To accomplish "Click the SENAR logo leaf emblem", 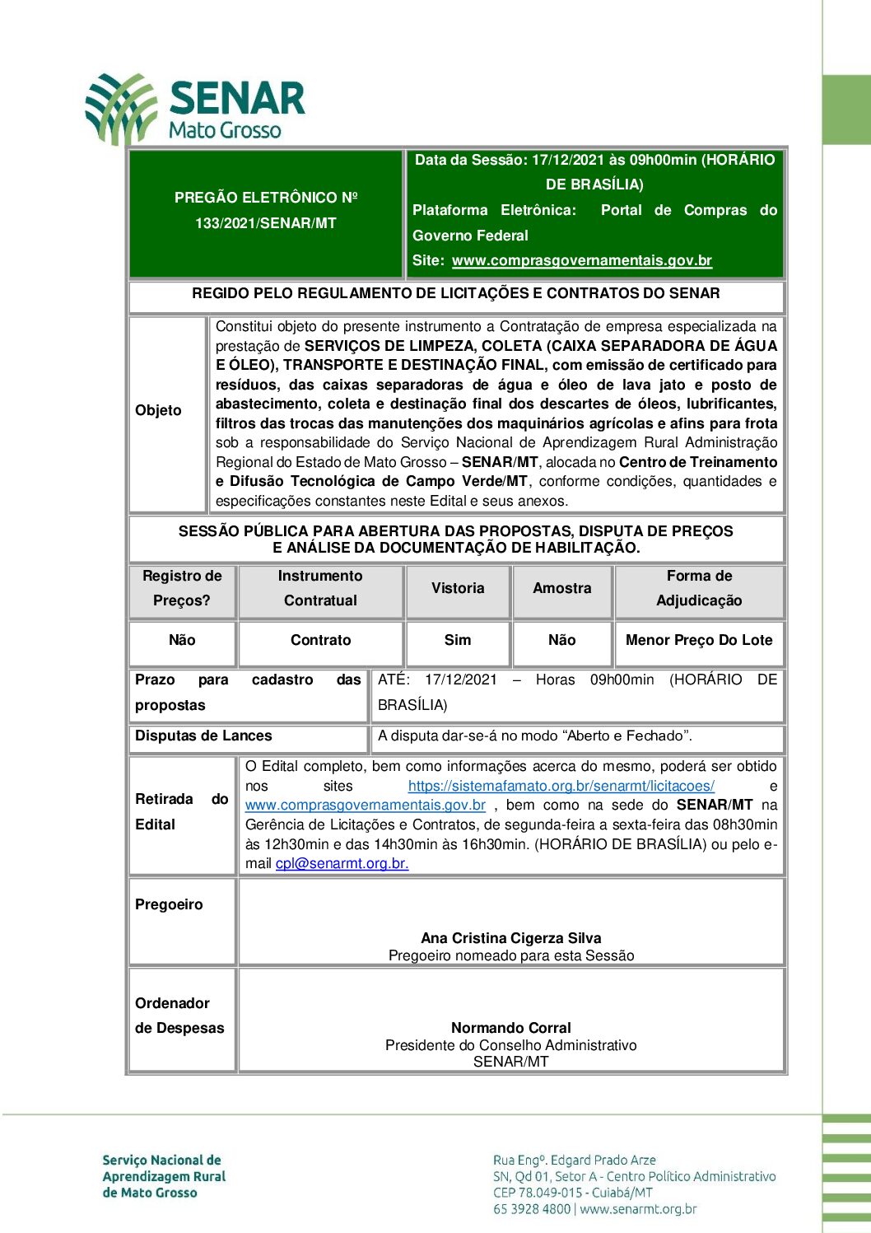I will click(x=121, y=108).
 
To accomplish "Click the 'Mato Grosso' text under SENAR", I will click(x=225, y=130).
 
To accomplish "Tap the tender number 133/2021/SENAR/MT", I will click(x=265, y=223).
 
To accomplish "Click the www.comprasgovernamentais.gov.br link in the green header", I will click(x=581, y=260).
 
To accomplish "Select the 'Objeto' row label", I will click(x=158, y=410).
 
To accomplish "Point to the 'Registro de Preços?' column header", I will click(x=182, y=588).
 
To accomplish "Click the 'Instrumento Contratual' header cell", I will click(x=320, y=588).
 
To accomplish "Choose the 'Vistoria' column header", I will click(x=458, y=588).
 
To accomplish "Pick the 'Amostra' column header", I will click(x=561, y=588).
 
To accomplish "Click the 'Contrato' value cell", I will click(x=320, y=640).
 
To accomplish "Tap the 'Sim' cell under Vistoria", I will click(x=458, y=640).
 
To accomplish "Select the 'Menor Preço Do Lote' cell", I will click(x=699, y=640).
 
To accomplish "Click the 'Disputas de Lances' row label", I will click(x=203, y=736).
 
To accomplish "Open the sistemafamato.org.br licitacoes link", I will click(x=561, y=786).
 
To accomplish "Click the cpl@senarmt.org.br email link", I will click(x=342, y=863).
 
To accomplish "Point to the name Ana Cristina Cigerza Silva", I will click(x=510, y=938).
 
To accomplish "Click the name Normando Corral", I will click(x=510, y=1028).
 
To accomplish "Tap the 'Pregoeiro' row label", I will click(x=169, y=904).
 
